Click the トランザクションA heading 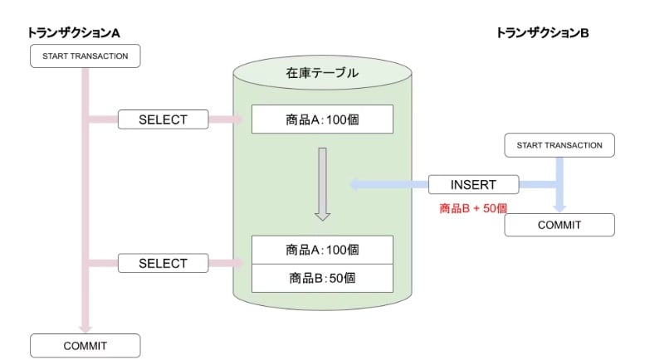pos(74,32)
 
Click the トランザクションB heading pos(542,32)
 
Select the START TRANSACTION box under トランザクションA pos(86,56)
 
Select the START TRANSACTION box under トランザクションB pos(559,145)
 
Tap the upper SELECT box pos(163,119)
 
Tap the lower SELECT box pos(163,263)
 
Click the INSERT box pos(473,184)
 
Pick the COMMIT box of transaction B pos(559,225)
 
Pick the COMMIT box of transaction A pos(86,346)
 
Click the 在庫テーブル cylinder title pos(322,73)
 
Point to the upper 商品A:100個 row pos(322,119)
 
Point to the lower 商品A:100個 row pos(322,250)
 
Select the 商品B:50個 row pos(322,278)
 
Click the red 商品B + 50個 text pos(473,208)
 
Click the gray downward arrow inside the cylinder pos(322,184)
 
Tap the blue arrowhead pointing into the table pos(355,184)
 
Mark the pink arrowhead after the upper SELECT pos(238,119)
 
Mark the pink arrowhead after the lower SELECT pos(238,263)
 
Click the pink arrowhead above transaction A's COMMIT pos(86,328)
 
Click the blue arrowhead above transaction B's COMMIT pos(559,208)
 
